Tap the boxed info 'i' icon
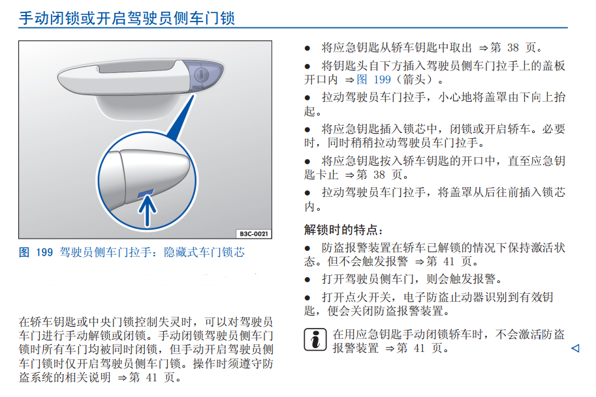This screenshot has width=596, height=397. (316, 340)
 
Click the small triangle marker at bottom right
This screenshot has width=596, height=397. (575, 349)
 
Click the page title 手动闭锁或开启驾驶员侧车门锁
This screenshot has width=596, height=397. (127, 18)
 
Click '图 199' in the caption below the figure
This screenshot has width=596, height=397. (36, 252)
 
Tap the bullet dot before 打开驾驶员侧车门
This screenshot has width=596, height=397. (308, 280)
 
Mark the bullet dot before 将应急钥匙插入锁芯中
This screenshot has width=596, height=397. (308, 129)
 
